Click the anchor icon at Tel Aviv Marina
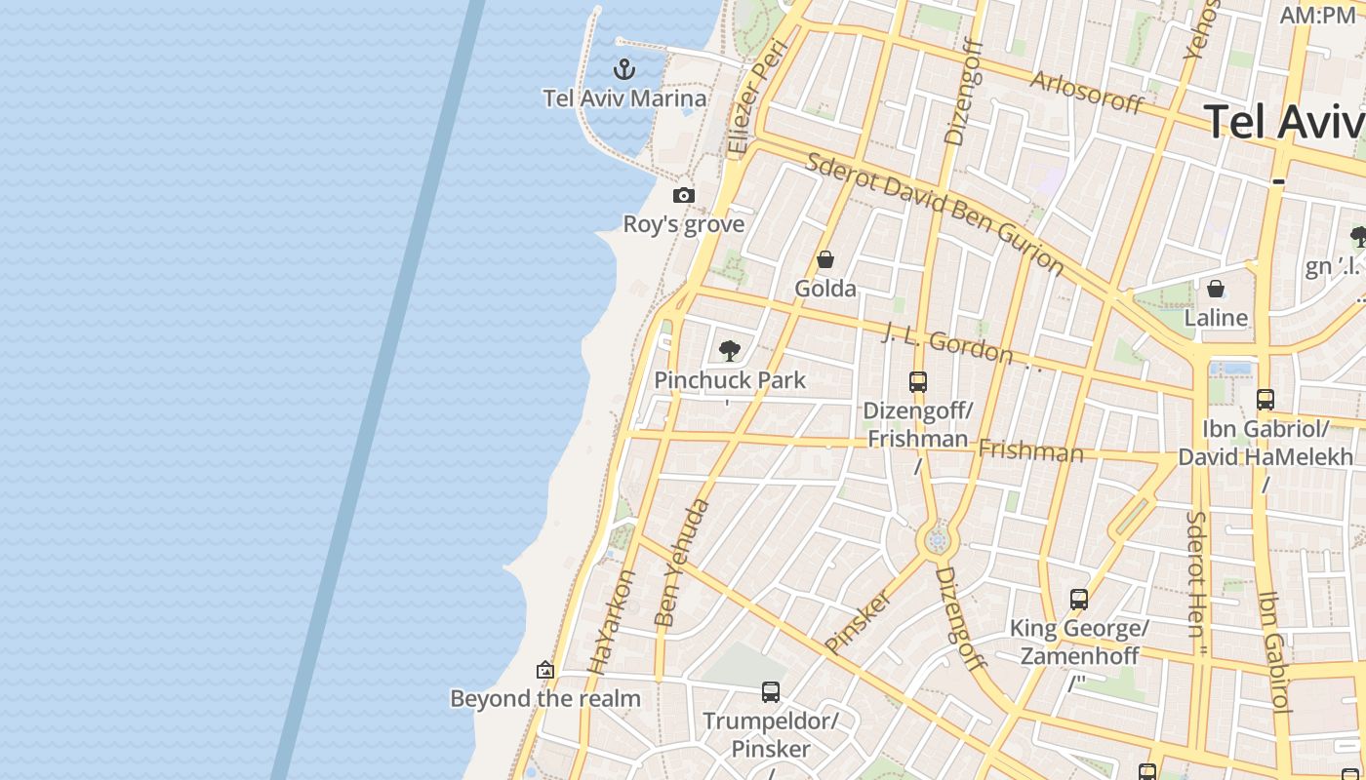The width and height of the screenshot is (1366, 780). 623,69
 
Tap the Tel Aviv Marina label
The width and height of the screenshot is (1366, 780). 624,98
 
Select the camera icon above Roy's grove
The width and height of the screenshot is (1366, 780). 684,195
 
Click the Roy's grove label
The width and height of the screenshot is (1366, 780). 684,224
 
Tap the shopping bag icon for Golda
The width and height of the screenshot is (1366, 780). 825,259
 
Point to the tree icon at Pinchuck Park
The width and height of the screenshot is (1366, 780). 729,351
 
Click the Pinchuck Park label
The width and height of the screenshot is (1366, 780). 730,380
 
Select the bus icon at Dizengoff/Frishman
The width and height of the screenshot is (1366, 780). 918,381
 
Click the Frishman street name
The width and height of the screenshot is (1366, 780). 1030,451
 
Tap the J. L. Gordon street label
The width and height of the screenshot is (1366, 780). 947,342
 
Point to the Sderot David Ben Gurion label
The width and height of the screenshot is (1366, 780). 934,213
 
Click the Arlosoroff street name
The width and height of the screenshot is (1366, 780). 1086,92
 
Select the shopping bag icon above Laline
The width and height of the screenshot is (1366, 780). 1216,289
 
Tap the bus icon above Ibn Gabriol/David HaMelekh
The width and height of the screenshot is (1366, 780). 1266,399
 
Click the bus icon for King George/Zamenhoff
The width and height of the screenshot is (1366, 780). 1079,600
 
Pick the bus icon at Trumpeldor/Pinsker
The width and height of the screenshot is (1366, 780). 771,692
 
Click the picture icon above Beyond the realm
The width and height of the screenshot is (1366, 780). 545,670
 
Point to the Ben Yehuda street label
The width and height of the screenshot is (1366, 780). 681,563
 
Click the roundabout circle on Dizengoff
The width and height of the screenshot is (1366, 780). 938,540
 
